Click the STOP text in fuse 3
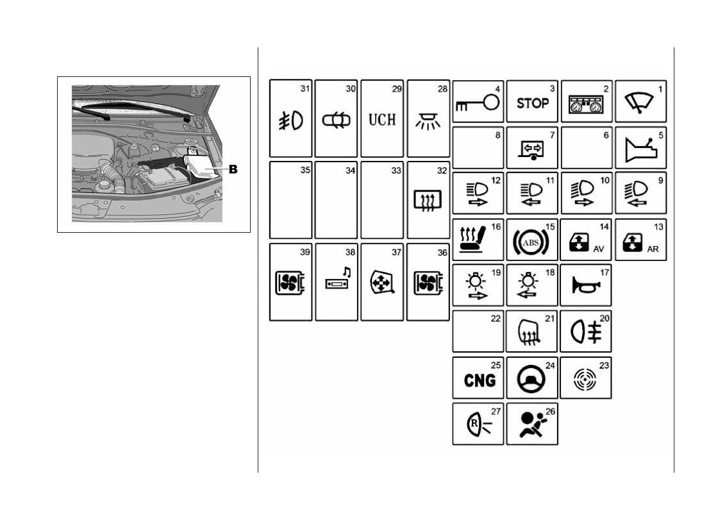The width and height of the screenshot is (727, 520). point(533,103)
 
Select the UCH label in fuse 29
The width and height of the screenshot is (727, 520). point(381,119)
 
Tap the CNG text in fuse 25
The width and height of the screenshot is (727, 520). point(480,380)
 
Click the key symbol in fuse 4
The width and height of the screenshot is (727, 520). point(478,105)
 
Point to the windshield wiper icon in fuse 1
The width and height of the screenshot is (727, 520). point(639,103)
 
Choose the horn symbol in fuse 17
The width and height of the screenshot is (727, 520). point(584,283)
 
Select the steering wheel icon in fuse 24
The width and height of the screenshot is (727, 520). point(532,380)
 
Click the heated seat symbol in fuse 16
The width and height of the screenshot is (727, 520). point(475,242)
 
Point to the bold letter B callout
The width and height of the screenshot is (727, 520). point(233,170)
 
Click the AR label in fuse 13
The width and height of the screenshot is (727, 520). point(654,248)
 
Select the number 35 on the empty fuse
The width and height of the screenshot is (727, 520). point(305,171)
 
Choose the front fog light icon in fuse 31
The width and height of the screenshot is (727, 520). point(290,120)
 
